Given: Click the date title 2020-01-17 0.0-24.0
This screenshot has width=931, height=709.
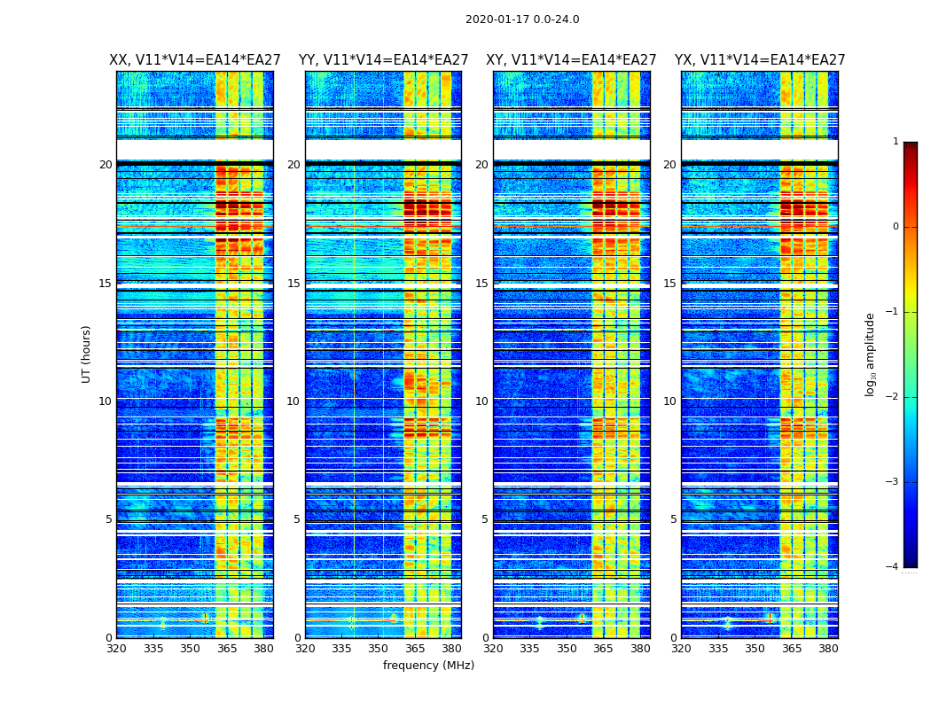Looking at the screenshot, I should [522, 19].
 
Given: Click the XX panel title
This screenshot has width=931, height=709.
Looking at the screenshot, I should [195, 60].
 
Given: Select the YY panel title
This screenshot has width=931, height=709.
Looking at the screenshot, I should [383, 60].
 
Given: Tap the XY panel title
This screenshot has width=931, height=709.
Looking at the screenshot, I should [571, 60].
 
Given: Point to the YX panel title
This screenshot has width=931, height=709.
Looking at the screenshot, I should [760, 60].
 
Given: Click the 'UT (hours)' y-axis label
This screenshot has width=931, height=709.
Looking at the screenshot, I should [87, 354].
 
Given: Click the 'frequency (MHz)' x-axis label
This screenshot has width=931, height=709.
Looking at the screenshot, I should [428, 666].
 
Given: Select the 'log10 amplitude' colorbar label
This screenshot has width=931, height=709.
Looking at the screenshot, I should [871, 354].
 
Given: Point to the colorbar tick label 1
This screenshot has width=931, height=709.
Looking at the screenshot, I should [895, 142].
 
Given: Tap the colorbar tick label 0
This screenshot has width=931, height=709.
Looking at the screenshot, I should [895, 227].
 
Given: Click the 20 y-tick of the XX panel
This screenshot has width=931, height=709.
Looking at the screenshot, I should [106, 165].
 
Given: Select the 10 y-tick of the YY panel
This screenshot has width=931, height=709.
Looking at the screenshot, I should [293, 401].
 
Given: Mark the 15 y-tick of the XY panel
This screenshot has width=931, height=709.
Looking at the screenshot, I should [481, 284].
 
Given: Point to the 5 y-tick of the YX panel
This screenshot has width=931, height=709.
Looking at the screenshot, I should [673, 519].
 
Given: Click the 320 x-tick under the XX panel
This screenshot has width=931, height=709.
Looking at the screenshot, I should [116, 649].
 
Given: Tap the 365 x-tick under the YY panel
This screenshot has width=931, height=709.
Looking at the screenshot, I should [404, 649].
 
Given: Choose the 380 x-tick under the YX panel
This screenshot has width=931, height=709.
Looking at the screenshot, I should [828, 649].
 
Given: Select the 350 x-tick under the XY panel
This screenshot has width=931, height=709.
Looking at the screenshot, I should [567, 649].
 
